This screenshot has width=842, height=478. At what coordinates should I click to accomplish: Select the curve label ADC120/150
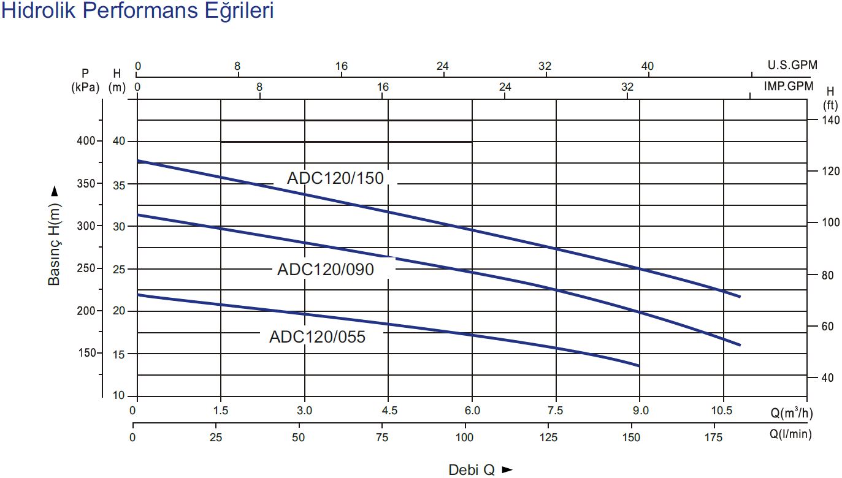(x=335, y=178)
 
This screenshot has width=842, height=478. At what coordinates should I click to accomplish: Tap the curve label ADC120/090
(x=325, y=270)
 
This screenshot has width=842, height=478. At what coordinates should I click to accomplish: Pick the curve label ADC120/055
(x=317, y=336)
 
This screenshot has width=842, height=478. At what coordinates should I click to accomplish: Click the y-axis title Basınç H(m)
(x=55, y=236)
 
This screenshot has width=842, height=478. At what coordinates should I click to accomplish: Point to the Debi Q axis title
(x=480, y=470)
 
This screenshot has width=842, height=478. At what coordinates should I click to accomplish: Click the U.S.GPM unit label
(x=792, y=65)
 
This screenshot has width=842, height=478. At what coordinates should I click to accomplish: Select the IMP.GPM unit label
(x=789, y=86)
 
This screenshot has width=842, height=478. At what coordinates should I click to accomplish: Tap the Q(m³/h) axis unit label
(x=792, y=412)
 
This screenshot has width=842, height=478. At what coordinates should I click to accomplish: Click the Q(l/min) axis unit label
(x=791, y=434)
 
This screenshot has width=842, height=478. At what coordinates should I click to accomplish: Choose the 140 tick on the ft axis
(x=831, y=120)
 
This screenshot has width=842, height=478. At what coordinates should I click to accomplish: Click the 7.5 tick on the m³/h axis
(x=556, y=410)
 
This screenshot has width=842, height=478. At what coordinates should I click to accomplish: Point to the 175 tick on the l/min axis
(x=715, y=438)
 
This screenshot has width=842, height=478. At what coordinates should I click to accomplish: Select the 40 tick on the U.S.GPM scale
(x=648, y=66)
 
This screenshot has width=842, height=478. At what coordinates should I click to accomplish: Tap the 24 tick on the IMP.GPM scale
(x=505, y=87)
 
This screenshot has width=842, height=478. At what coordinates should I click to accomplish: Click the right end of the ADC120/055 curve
(x=639, y=366)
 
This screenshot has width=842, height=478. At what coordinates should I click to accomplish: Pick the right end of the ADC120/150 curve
(x=740, y=297)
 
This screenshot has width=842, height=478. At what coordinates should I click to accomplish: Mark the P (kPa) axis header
(x=85, y=80)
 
